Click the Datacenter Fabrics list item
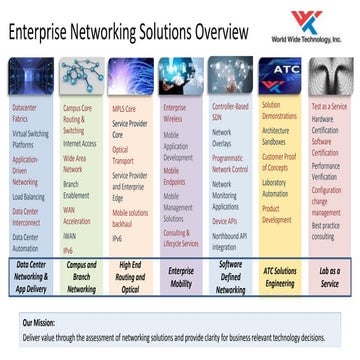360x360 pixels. [28, 110]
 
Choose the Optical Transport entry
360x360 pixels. [121, 153]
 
